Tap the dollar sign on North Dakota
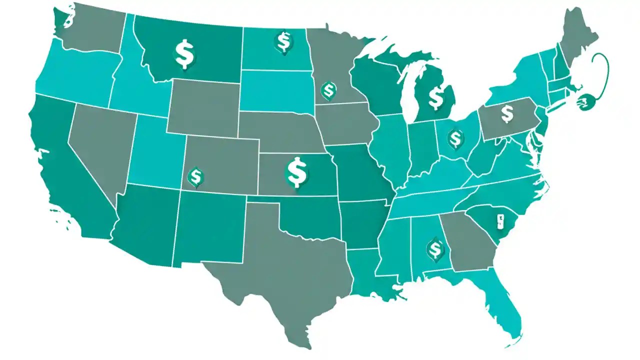pyautogui.click(x=283, y=41)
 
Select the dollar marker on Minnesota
pyautogui.click(x=328, y=90)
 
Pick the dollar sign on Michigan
pyautogui.click(x=436, y=97)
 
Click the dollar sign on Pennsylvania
pyautogui.click(x=507, y=113)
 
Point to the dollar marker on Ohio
pyautogui.click(x=455, y=138)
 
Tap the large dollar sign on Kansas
pyautogui.click(x=297, y=172)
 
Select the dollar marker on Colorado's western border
pyautogui.click(x=194, y=176)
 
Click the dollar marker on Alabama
pyautogui.click(x=434, y=248)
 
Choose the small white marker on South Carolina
pyautogui.click(x=499, y=220)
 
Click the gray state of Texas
pyautogui.click(x=280, y=270)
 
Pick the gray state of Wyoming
pyautogui.click(x=202, y=107)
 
